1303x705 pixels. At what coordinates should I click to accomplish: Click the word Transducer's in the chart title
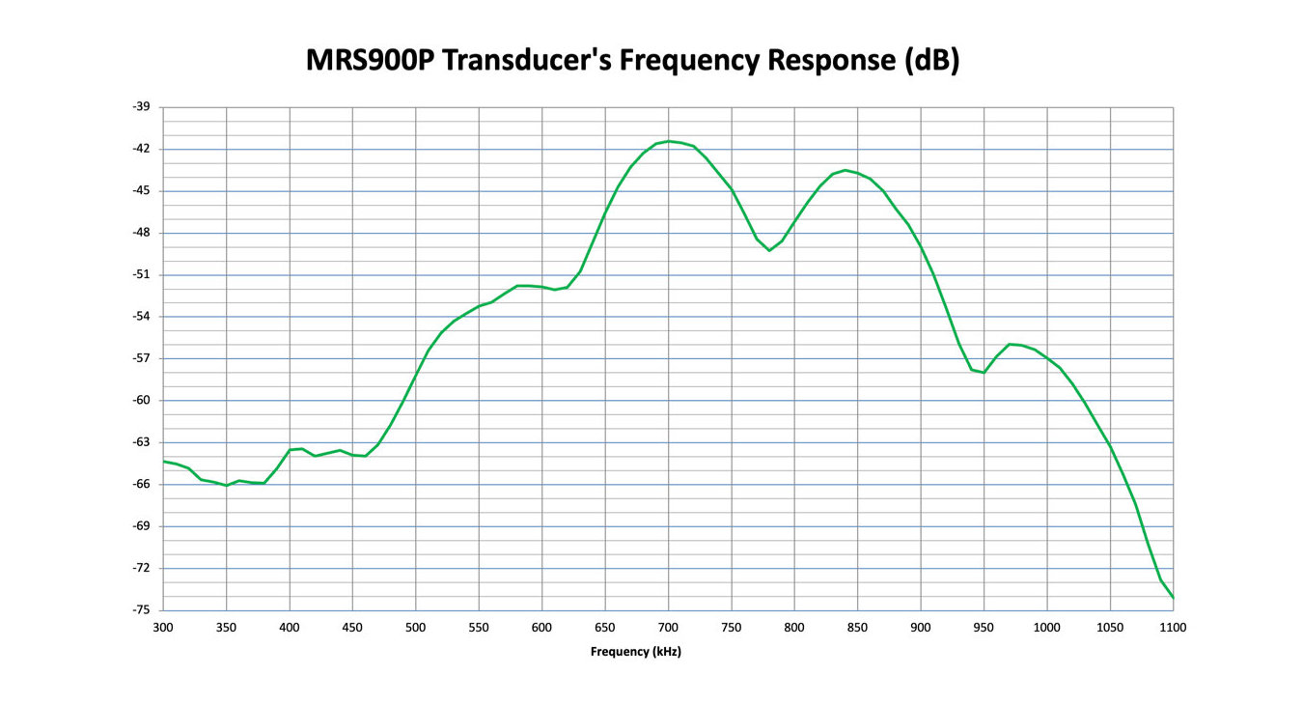tap(527, 60)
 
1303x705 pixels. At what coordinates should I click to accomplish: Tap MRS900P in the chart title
tap(371, 60)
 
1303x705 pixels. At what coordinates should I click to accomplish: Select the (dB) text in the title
tap(931, 61)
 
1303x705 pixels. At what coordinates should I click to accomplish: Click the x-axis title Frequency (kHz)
tap(636, 652)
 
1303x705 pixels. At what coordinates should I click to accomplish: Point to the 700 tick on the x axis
tap(668, 628)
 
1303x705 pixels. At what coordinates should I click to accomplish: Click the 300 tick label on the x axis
tap(163, 628)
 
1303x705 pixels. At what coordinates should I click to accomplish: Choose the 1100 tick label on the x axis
tap(1173, 628)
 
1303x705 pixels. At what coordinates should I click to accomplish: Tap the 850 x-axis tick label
tap(857, 628)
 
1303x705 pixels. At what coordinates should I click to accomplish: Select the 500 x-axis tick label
tap(415, 628)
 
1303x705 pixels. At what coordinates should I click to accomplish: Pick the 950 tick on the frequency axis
tap(984, 628)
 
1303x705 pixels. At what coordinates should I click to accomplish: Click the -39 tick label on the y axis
tap(141, 106)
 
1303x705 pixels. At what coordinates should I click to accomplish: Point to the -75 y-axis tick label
tap(141, 610)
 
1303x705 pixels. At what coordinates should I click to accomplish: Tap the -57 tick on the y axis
tap(141, 358)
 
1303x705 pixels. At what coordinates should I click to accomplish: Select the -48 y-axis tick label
tap(141, 233)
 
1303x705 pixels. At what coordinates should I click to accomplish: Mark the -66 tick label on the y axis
tap(141, 485)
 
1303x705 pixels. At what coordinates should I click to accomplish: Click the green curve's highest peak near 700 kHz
tap(668, 141)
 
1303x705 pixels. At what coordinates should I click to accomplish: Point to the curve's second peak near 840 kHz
tap(846, 170)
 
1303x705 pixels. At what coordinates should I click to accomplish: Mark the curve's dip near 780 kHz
tap(769, 250)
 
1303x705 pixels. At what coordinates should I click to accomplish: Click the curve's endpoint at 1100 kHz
tap(1174, 598)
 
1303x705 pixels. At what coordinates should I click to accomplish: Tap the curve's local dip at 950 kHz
tap(984, 373)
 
